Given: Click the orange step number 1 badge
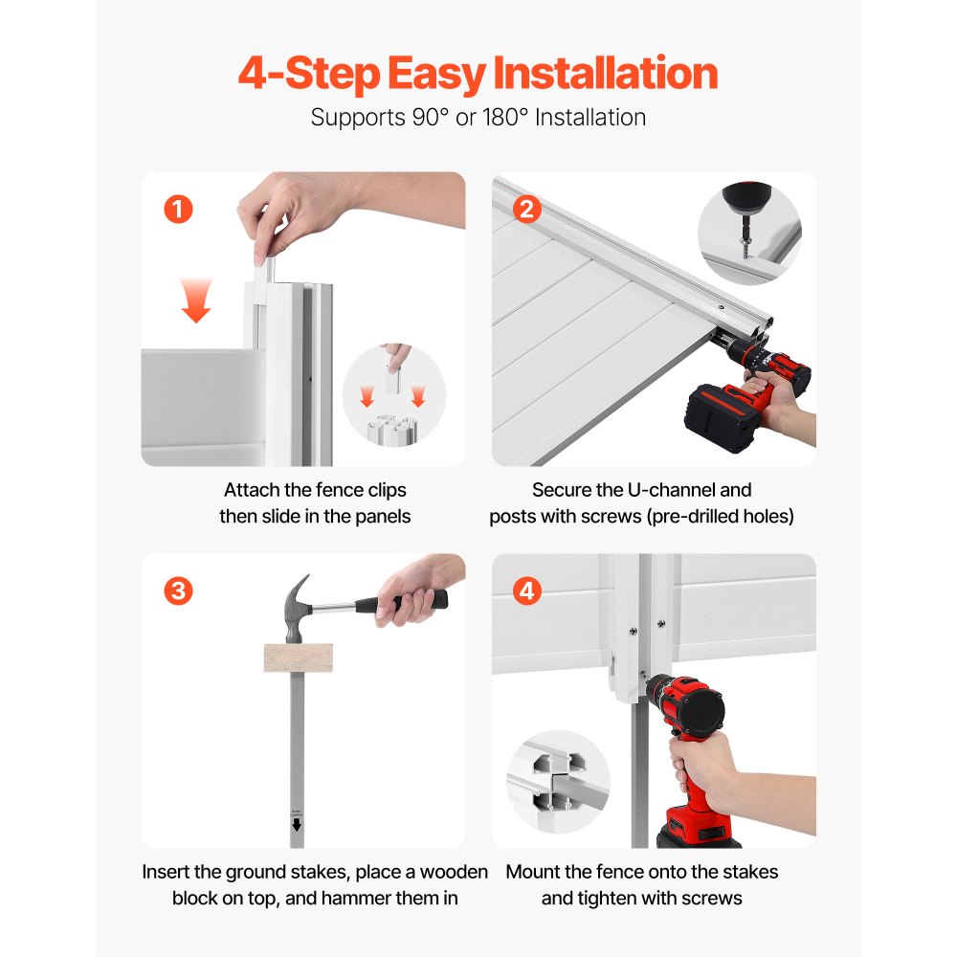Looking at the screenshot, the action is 178,210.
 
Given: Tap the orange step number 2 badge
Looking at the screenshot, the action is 526,210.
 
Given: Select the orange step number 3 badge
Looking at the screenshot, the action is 178,590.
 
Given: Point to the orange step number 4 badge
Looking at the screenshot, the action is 526,590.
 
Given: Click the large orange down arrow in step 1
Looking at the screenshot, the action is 196,300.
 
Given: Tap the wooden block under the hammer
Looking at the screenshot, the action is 299,658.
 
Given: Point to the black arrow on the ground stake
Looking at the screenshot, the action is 297,825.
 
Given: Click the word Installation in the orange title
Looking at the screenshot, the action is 605,74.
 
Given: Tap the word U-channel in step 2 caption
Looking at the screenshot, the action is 671,490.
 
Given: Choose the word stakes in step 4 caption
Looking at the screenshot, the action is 750,872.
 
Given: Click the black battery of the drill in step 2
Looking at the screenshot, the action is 723,415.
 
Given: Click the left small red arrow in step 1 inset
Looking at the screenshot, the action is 367,397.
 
